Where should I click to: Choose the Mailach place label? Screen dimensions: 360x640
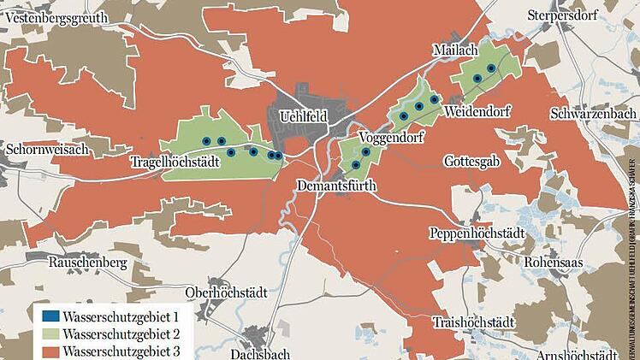click(x=455, y=50)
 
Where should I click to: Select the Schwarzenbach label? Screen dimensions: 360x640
click(x=593, y=114)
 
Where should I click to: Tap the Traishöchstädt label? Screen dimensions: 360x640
click(x=473, y=322)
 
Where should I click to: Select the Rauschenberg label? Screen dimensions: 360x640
click(x=86, y=263)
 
